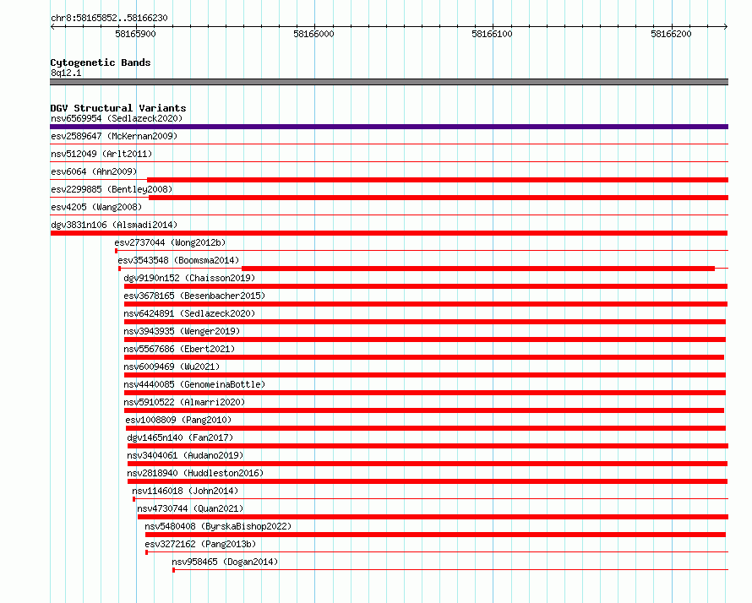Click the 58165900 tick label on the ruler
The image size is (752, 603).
(x=135, y=34)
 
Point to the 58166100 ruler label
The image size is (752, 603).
(x=492, y=34)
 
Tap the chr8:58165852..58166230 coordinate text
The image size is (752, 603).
(x=109, y=19)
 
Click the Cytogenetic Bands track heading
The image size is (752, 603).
(x=101, y=62)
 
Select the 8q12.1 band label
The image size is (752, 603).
(x=66, y=73)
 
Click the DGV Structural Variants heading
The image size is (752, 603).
(x=118, y=108)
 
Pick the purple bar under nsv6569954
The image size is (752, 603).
(x=389, y=127)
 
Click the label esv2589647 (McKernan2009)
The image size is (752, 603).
(x=114, y=136)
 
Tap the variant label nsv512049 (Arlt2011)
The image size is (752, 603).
(x=101, y=154)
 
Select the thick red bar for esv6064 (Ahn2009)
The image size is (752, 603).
(x=438, y=180)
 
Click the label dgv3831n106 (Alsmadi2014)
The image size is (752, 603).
(x=114, y=225)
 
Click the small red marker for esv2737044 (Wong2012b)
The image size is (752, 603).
(x=116, y=251)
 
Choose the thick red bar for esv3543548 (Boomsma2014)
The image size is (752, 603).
(x=478, y=269)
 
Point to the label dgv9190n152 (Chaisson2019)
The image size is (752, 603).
(x=189, y=278)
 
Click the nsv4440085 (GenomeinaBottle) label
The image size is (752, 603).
(x=194, y=384)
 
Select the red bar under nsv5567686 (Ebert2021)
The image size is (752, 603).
(x=424, y=357)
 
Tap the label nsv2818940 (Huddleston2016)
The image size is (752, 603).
(x=195, y=473)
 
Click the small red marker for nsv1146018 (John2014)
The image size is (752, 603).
(x=134, y=499)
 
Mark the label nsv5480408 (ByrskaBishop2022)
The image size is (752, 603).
(x=218, y=526)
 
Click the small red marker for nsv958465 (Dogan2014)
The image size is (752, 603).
(x=173, y=570)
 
